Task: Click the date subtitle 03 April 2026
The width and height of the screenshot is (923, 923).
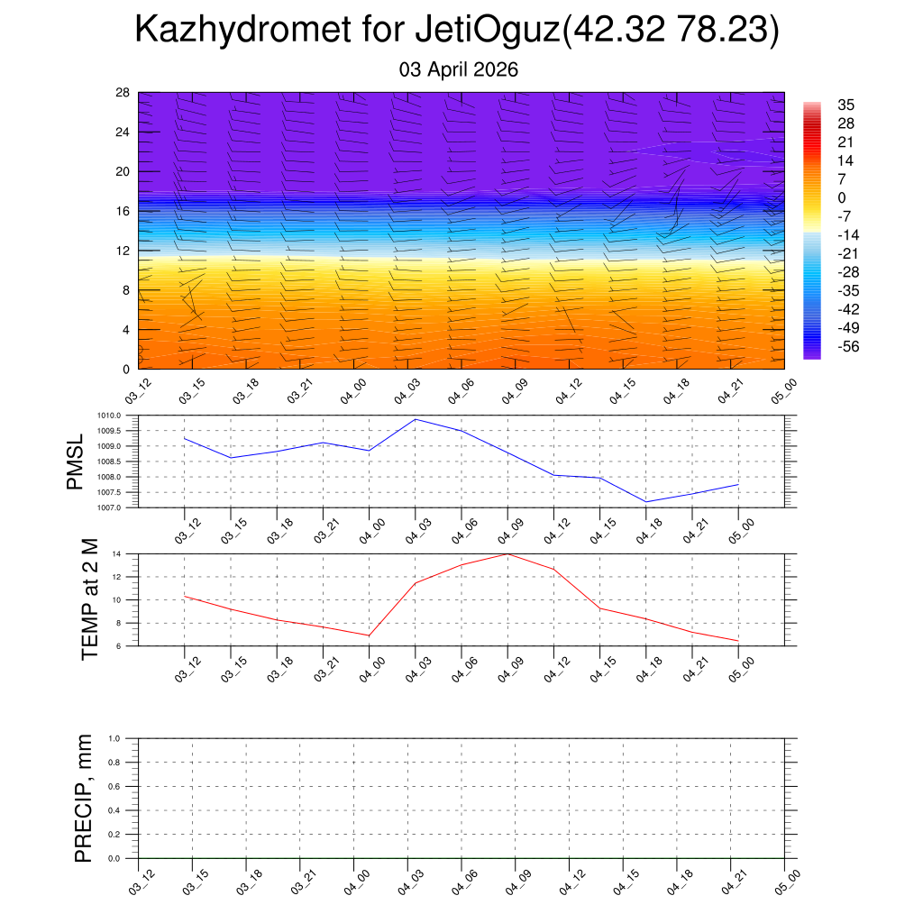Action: click(459, 69)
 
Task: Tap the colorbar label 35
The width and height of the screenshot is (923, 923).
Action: click(846, 104)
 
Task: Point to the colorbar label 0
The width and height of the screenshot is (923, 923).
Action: click(842, 197)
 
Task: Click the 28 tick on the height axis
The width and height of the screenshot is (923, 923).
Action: click(123, 93)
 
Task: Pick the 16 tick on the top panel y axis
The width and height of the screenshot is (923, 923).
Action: click(123, 211)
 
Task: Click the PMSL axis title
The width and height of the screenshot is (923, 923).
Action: click(76, 461)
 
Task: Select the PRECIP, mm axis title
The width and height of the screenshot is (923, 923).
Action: click(84, 798)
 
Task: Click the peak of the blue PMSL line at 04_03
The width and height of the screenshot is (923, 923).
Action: click(416, 419)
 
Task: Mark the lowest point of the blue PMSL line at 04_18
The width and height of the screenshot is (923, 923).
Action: click(646, 501)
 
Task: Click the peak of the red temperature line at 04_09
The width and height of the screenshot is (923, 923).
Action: click(507, 553)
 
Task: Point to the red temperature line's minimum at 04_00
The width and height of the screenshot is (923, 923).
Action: click(369, 635)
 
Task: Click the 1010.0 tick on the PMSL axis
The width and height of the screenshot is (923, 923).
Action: click(118, 416)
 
